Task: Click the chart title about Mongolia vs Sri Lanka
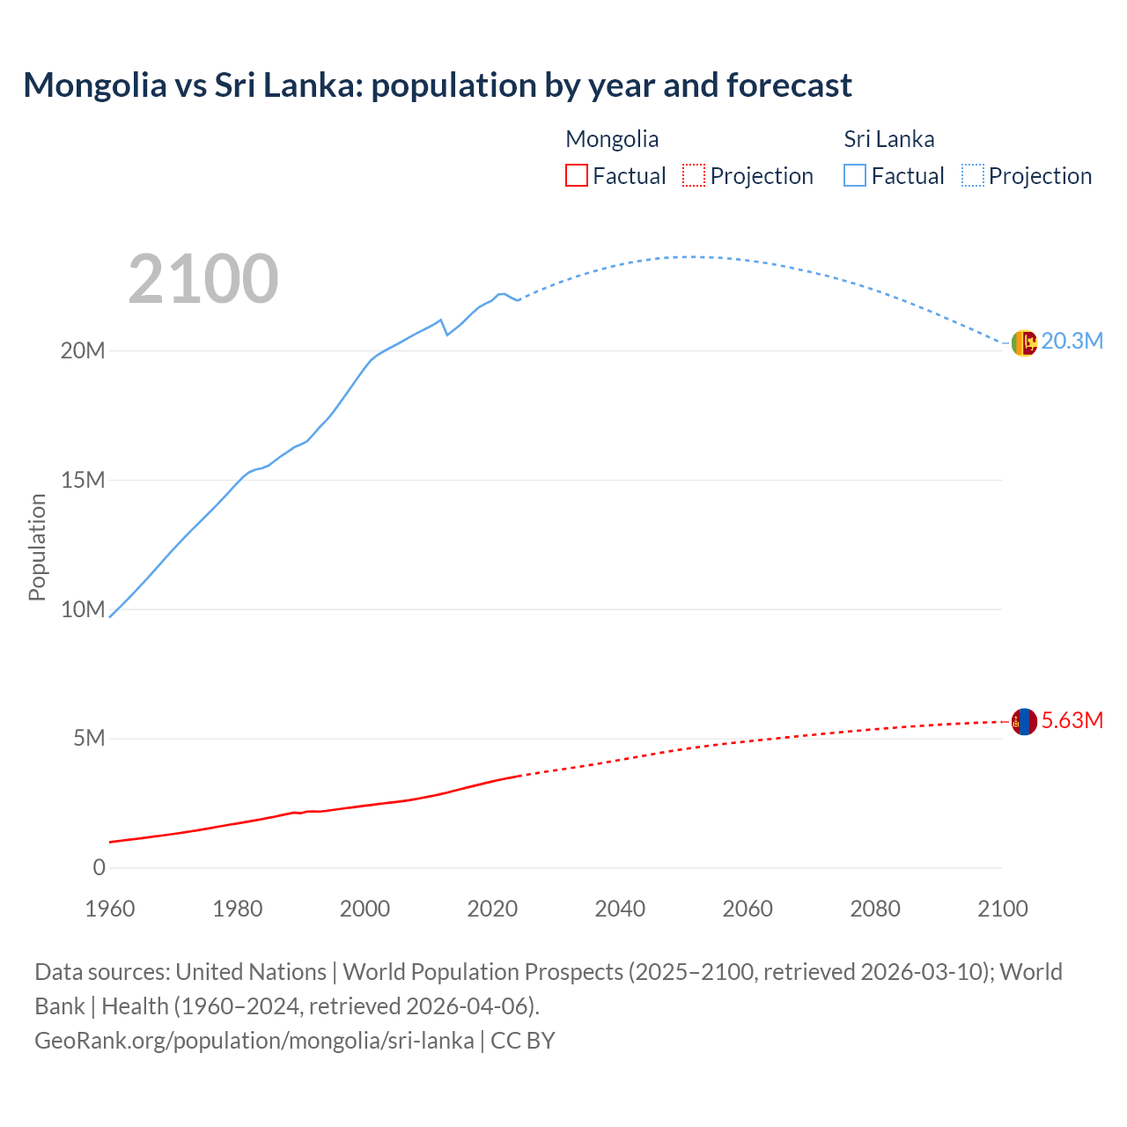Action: click(x=438, y=85)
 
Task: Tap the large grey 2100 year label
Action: click(x=203, y=279)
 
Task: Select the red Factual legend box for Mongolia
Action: click(x=577, y=175)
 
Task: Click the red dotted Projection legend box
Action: click(x=694, y=175)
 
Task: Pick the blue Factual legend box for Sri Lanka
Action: click(x=855, y=175)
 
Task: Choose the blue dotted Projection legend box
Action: click(x=972, y=175)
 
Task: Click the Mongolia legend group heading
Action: click(x=612, y=139)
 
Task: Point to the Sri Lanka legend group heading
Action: click(x=889, y=139)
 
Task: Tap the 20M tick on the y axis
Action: click(x=83, y=350)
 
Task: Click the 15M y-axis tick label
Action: click(x=83, y=480)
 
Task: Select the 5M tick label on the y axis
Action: click(x=89, y=738)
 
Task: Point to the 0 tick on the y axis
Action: click(x=99, y=867)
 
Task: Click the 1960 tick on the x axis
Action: click(x=110, y=909)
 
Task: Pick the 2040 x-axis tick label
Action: click(x=620, y=909)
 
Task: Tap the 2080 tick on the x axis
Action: click(x=875, y=909)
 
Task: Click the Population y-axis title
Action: click(x=37, y=547)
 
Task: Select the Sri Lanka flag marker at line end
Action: click(x=1024, y=343)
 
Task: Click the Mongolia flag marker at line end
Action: click(x=1024, y=722)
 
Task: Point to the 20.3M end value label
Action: click(x=1072, y=342)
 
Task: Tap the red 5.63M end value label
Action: click(x=1072, y=720)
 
